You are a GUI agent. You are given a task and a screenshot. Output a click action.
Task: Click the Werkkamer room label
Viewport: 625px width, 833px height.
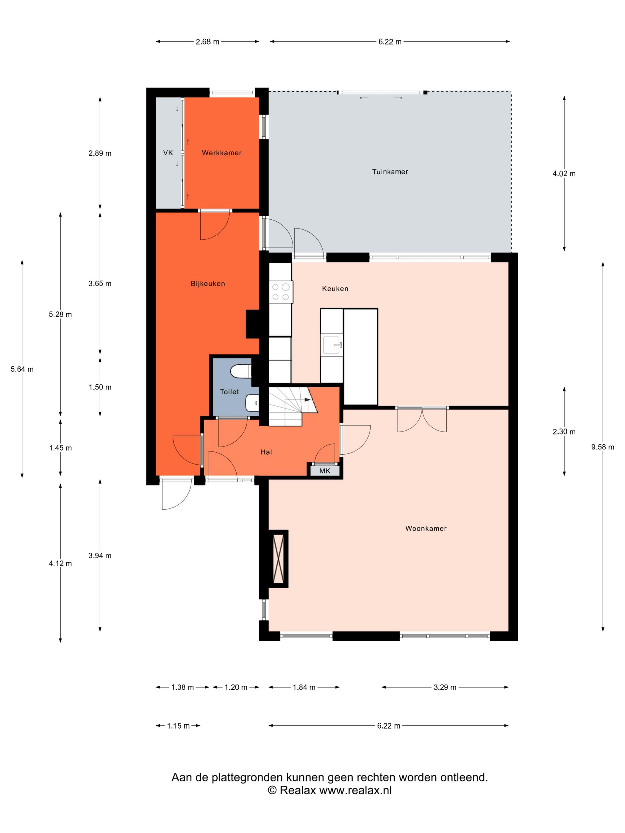click(x=221, y=153)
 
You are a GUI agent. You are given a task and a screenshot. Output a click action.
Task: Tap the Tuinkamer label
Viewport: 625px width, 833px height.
click(x=390, y=172)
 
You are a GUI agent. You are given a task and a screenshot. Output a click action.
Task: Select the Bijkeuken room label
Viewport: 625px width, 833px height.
click(x=207, y=284)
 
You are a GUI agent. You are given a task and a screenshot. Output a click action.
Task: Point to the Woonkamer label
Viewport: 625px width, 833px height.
click(x=426, y=528)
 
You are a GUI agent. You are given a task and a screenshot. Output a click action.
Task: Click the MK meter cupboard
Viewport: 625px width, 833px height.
click(x=324, y=471)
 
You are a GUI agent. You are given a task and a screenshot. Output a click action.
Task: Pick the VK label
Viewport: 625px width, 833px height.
click(x=168, y=153)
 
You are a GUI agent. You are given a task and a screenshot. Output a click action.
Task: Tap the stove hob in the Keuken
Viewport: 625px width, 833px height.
click(x=281, y=292)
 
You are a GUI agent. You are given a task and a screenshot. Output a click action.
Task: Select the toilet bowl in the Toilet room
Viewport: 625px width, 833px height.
click(x=240, y=371)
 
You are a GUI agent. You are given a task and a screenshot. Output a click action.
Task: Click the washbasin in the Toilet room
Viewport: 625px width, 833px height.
click(x=252, y=403)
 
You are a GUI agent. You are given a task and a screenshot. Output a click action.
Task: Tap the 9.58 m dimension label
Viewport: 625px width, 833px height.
click(x=602, y=447)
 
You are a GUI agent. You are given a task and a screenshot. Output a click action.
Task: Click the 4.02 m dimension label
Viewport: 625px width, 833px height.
click(x=564, y=174)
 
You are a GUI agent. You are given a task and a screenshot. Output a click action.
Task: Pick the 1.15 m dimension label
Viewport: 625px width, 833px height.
click(x=178, y=726)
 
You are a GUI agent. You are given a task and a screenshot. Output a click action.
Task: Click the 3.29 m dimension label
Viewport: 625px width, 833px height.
click(x=445, y=687)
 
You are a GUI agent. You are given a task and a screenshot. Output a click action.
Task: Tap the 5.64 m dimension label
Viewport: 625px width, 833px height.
click(x=22, y=369)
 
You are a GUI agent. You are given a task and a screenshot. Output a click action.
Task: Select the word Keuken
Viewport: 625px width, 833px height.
click(x=335, y=289)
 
